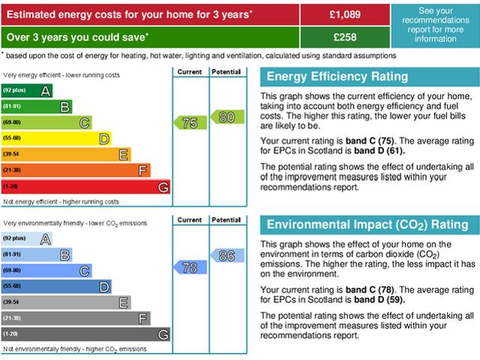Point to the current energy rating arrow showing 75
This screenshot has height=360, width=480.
(189, 123)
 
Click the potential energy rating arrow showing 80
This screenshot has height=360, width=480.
(226, 116)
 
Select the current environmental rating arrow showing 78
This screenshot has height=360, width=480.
(189, 267)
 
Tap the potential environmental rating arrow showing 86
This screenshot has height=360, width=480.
(226, 255)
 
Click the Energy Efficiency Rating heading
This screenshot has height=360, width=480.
(337, 76)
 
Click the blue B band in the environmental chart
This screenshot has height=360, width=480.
(37, 255)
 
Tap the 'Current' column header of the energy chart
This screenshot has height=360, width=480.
(189, 72)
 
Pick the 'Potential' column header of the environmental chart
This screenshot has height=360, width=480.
(226, 220)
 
